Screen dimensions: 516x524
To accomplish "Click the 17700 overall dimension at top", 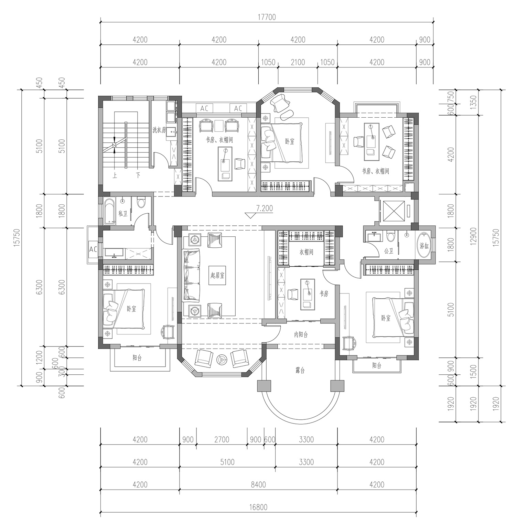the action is [x=267, y=17].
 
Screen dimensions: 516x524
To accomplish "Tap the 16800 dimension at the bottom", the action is [x=258, y=507].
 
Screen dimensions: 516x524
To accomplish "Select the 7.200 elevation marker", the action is [x=264, y=208].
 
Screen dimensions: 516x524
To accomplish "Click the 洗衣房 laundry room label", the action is [x=159, y=130].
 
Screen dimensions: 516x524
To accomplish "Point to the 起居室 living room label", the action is [x=218, y=275].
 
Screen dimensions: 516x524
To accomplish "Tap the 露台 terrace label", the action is [x=300, y=371].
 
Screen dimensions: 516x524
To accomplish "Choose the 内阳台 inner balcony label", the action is [x=301, y=334].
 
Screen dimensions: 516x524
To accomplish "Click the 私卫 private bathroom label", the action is [x=123, y=213].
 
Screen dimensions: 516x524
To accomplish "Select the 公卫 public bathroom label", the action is [x=388, y=251].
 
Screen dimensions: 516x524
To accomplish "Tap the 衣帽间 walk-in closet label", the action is [x=306, y=252].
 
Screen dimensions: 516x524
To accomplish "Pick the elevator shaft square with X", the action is [x=392, y=211].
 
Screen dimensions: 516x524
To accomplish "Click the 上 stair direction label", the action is [x=115, y=175].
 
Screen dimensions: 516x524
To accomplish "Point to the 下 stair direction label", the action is [x=138, y=175].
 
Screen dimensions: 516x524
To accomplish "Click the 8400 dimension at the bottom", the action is [x=258, y=484].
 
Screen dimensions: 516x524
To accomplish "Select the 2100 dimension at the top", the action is [x=298, y=62].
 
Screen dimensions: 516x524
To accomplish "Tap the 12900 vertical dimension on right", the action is [x=474, y=236].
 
